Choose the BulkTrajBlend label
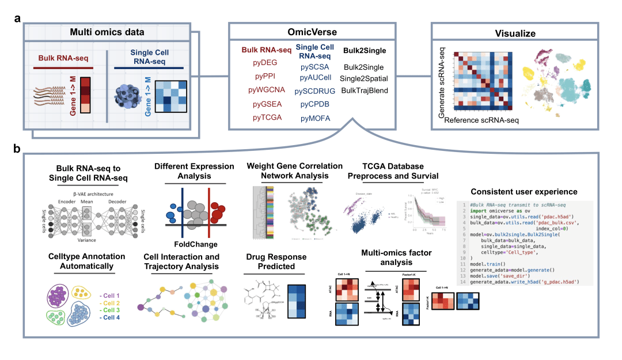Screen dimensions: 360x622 coord(365,90)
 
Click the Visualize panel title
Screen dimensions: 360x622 coord(515,33)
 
